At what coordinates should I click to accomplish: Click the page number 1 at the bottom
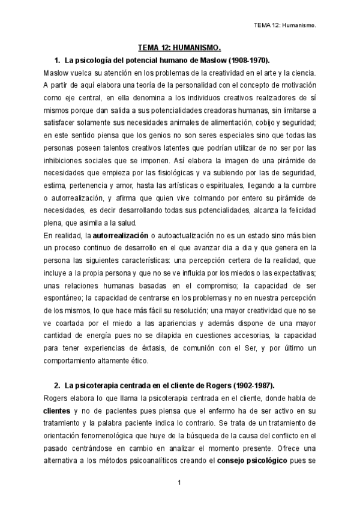[179, 483]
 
